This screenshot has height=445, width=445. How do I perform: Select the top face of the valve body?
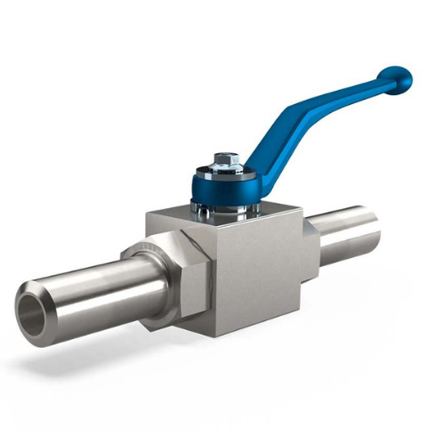(x=227, y=222)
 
